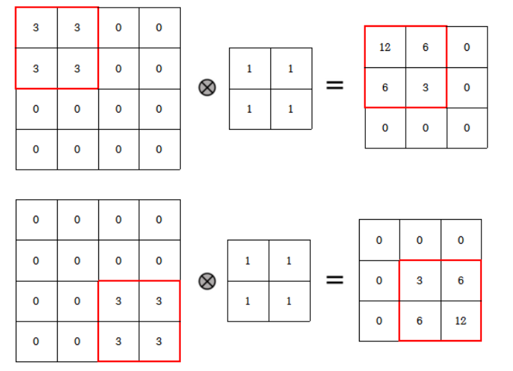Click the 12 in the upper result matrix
(385, 47)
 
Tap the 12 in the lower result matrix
(461, 321)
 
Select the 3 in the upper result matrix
(426, 88)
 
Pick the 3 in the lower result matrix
(419, 280)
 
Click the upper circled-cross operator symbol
(206, 87)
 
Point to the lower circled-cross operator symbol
(206, 281)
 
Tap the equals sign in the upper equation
(334, 86)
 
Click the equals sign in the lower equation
(334, 280)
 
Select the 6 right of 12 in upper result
(426, 47)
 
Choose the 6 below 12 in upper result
(385, 88)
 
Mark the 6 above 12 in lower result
(461, 280)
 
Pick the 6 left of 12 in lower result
(419, 321)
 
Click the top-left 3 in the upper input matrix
(36, 28)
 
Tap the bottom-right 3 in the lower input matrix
(159, 341)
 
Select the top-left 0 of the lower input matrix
(36, 220)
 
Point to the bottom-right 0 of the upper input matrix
(159, 149)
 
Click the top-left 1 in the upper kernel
(249, 69)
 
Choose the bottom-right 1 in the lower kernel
(289, 301)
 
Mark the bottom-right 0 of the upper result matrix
(467, 128)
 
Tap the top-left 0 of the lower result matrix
(379, 240)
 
